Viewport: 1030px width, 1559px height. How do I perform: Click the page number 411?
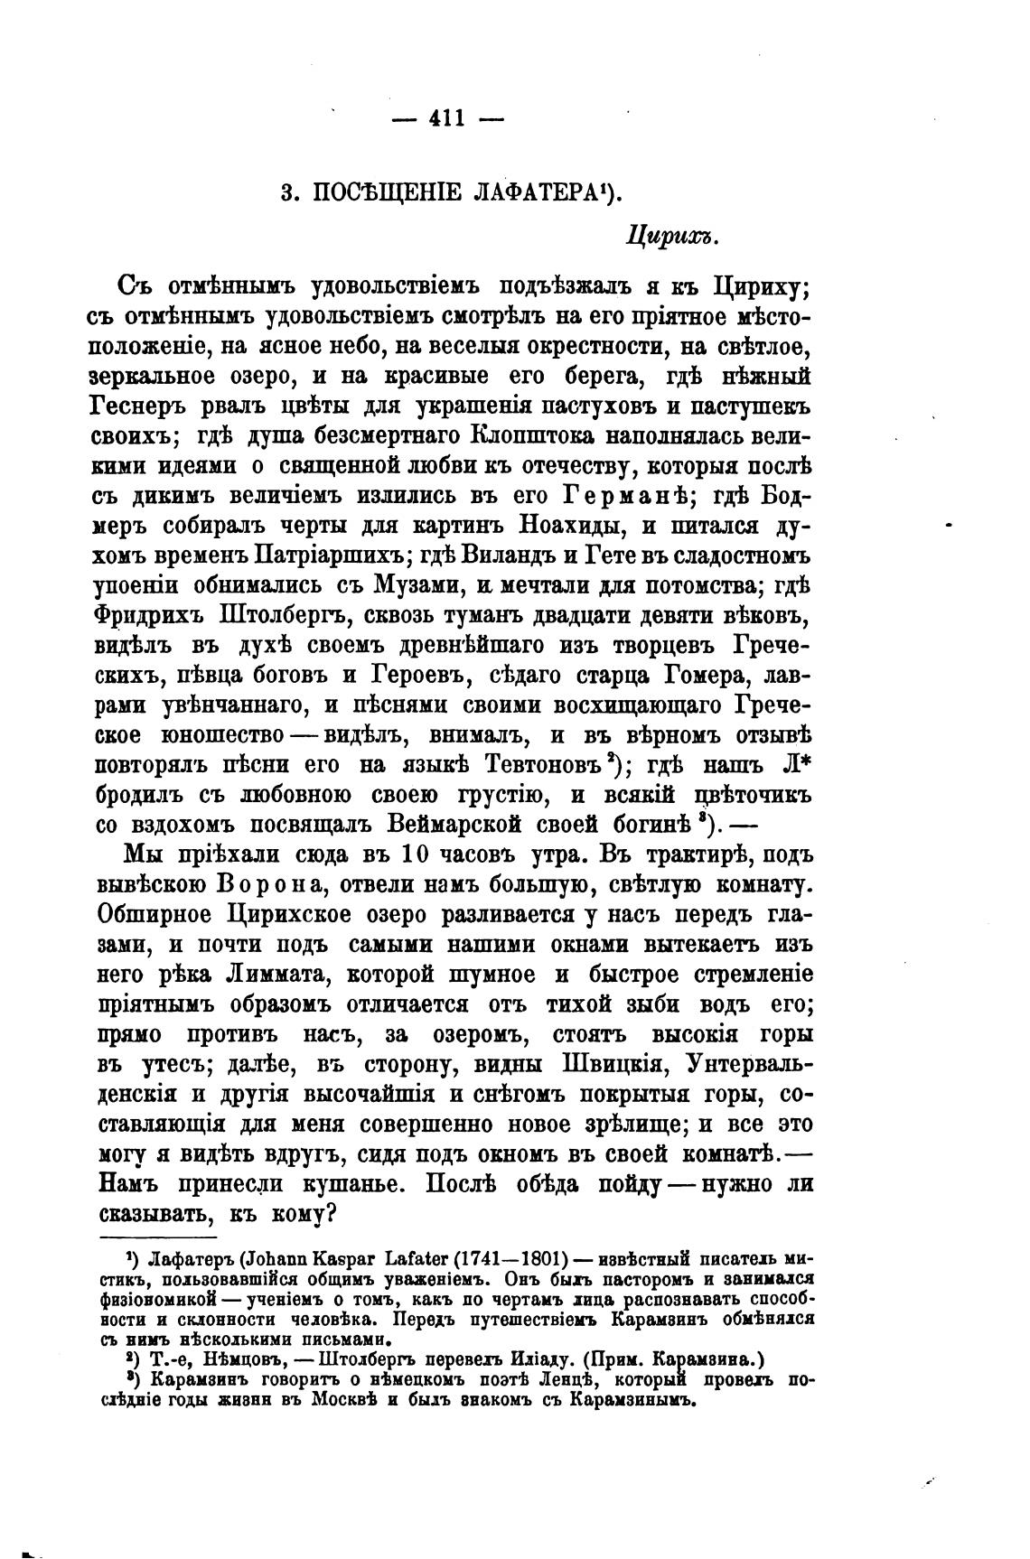(447, 118)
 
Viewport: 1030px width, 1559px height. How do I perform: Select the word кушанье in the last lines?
(358, 1184)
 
